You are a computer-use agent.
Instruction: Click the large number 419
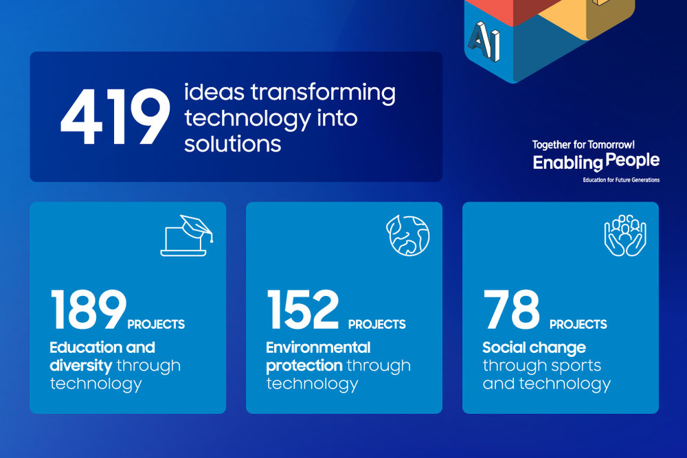(x=115, y=116)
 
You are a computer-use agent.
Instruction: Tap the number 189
(x=88, y=310)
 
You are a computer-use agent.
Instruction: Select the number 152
(x=303, y=310)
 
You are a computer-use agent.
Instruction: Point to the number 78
(x=512, y=310)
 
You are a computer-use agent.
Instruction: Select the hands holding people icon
(x=625, y=236)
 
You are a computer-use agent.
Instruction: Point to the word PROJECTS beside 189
(x=156, y=324)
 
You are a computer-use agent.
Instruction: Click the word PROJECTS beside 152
(x=376, y=324)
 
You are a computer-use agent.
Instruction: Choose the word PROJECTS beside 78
(x=578, y=324)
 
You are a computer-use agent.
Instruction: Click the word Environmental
(x=318, y=347)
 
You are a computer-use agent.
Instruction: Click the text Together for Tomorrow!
(x=583, y=145)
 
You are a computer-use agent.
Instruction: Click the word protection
(x=304, y=366)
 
